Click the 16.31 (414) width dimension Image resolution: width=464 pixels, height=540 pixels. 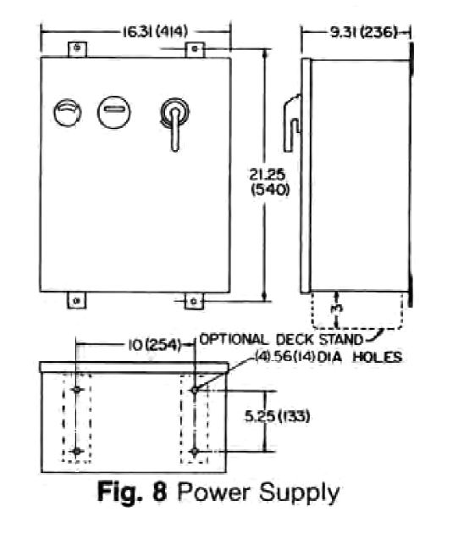coord(156,32)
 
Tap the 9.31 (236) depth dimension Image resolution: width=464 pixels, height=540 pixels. coord(363,32)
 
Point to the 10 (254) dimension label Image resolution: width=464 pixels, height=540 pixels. coord(154,345)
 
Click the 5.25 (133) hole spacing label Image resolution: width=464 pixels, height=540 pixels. coord(277,416)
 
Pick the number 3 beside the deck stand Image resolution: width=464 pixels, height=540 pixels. coord(339,309)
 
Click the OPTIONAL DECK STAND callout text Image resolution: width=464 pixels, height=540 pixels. coord(281,340)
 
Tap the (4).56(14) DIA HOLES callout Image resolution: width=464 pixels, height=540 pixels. coord(329,357)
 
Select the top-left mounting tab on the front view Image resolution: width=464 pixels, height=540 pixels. coord(77,49)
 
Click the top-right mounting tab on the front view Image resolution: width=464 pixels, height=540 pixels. coord(195,49)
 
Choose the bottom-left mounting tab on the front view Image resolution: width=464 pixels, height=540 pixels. coord(77,301)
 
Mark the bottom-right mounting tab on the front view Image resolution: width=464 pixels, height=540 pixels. coord(194,302)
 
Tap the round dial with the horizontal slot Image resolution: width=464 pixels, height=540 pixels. coord(113,112)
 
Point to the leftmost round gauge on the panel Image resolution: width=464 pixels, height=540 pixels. coord(68,113)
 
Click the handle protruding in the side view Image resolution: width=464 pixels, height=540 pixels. coord(291,123)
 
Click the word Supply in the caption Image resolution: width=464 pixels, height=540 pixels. coord(299,493)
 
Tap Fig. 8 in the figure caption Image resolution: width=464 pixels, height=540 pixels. coord(132,492)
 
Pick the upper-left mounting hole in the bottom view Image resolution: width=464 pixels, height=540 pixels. coord(77,389)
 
